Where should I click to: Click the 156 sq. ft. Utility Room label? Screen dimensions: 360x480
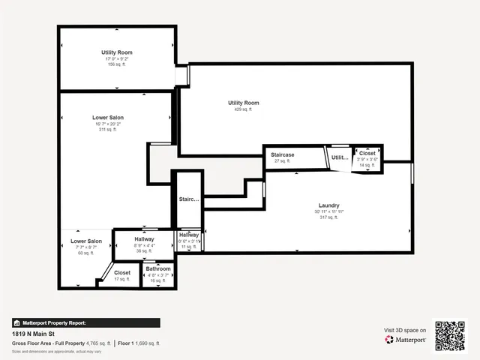(116, 58)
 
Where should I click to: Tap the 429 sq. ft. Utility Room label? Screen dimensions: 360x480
(243, 106)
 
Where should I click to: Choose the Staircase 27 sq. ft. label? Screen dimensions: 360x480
(282, 157)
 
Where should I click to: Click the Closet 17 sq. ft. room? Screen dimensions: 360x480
(121, 275)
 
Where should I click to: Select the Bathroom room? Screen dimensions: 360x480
(158, 271)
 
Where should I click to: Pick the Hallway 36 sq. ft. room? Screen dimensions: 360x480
(144, 244)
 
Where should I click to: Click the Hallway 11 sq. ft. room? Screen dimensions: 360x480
(189, 240)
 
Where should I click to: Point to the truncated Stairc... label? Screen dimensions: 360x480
(189, 199)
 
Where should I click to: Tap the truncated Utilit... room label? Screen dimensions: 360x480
(340, 158)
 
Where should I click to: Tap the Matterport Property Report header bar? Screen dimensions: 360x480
(85, 322)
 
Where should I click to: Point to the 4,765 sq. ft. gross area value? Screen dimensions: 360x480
(97, 343)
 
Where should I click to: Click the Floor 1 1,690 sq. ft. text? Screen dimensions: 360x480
(139, 343)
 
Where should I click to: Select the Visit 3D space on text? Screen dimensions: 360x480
(405, 330)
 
